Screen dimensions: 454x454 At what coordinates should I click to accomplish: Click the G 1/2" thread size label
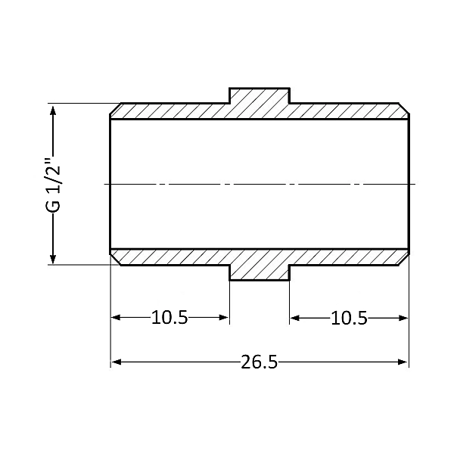51,185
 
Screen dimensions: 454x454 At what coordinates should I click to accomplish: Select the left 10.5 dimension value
169,318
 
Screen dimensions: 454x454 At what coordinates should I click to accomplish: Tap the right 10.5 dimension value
349,318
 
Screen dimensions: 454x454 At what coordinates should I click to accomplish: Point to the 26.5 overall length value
260,362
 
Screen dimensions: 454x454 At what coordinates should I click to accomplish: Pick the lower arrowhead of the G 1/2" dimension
52,259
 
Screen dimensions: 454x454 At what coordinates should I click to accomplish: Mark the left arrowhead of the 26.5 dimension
117,362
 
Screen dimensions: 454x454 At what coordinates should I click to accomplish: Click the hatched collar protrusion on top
259,96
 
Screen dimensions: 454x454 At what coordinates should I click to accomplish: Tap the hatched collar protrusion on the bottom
259,272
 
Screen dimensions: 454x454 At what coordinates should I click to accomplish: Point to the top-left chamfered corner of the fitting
116,110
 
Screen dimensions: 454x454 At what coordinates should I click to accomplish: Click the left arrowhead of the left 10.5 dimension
117,318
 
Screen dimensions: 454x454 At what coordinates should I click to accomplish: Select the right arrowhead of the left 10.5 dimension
224,318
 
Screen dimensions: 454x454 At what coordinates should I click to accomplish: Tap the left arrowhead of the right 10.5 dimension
294,318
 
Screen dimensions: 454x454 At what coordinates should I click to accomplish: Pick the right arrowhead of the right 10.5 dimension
403,318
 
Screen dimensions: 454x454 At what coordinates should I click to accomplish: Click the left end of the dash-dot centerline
105,184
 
